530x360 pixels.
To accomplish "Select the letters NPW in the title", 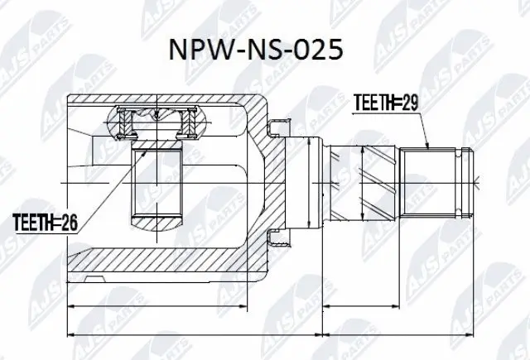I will click(197, 50).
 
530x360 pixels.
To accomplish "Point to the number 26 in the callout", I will click(73, 221).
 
